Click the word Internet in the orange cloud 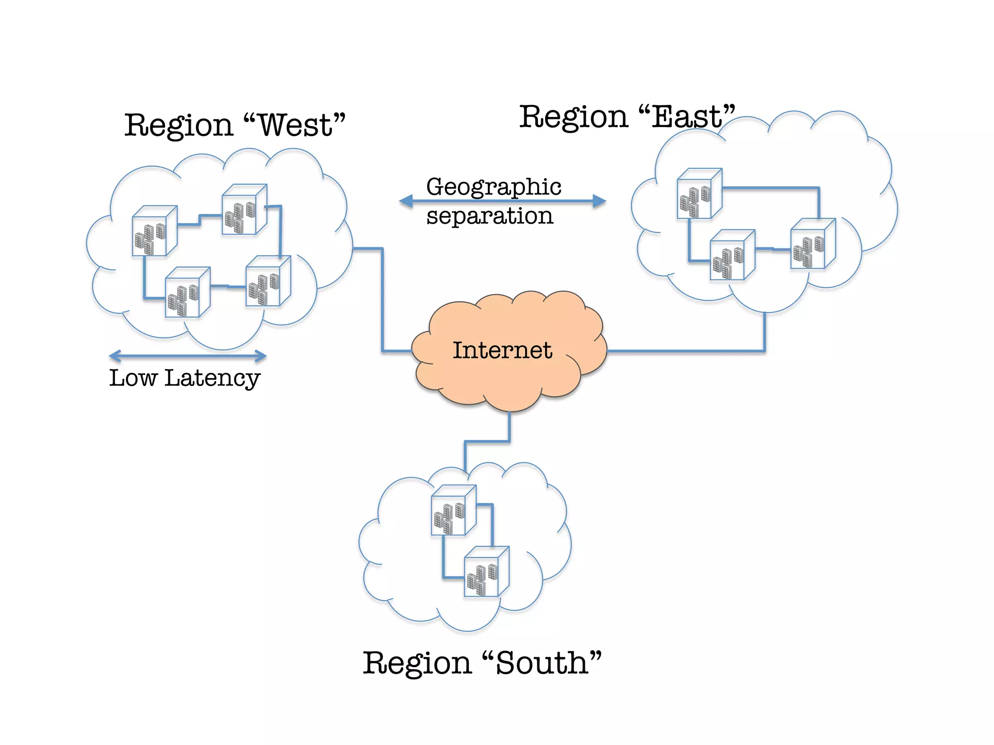[502, 350]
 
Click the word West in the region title [295, 125]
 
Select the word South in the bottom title [542, 663]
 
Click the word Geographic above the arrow [494, 187]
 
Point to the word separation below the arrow [490, 216]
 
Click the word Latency [212, 378]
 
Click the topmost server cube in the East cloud [699, 194]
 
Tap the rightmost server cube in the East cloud [812, 243]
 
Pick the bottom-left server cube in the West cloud [187, 292]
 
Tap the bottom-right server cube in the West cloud [268, 281]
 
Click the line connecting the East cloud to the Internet [689, 351]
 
